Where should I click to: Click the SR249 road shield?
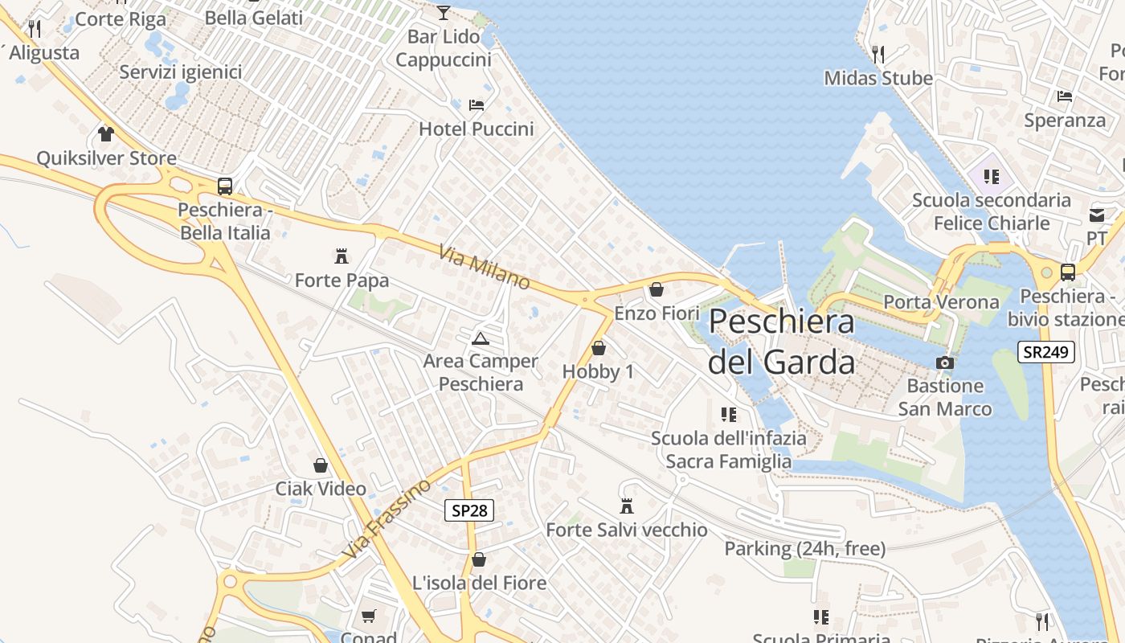pos(1046,352)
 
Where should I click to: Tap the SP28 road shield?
pos(468,510)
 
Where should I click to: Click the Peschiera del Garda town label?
pos(782,342)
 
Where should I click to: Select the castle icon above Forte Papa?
pos(342,257)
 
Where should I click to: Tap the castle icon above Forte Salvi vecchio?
pos(627,506)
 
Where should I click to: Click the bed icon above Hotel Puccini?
pos(477,104)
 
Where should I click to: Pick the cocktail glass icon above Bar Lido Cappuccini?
pos(443,12)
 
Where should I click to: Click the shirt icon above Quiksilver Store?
pos(106,133)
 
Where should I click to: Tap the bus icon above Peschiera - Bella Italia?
pos(225,186)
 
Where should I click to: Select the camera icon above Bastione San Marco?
pos(945,362)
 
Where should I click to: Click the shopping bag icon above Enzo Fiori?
pos(657,289)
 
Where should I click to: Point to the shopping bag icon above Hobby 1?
pos(598,348)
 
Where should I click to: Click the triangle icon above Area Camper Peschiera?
pos(481,338)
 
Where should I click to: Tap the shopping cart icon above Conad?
pos(369,616)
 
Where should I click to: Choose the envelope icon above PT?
pos(1097,215)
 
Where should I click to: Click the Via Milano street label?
pos(485,267)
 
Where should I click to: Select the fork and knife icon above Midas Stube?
pos(878,55)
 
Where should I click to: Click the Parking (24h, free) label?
pos(805,549)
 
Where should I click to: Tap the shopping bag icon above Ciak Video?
pos(321,465)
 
